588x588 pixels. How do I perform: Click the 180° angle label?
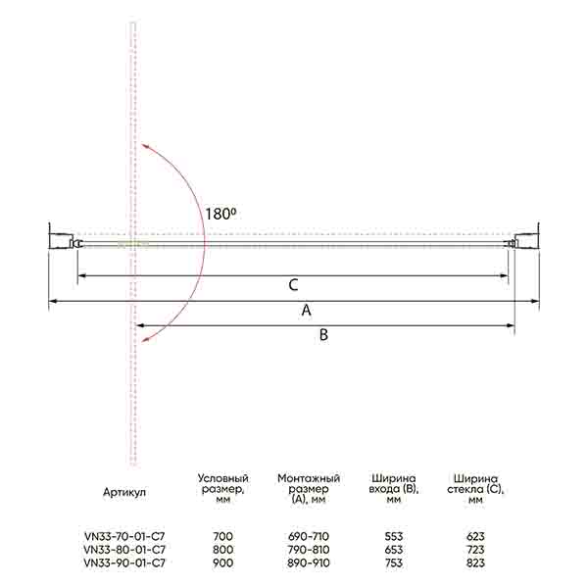pyautogui.click(x=220, y=214)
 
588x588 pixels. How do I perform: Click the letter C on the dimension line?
pyautogui.click(x=293, y=285)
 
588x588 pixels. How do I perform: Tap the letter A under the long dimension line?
pyautogui.click(x=307, y=310)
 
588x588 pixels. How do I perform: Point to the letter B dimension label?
pyautogui.click(x=323, y=334)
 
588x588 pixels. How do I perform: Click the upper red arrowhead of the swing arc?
pyautogui.click(x=144, y=146)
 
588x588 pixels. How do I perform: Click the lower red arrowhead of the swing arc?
pyautogui.click(x=144, y=339)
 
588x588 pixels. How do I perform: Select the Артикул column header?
pyautogui.click(x=124, y=492)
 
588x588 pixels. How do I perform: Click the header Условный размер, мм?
pyautogui.click(x=223, y=489)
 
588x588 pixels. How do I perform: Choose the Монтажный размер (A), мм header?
pyautogui.click(x=309, y=489)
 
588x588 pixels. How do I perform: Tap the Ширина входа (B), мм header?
pyautogui.click(x=393, y=489)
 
